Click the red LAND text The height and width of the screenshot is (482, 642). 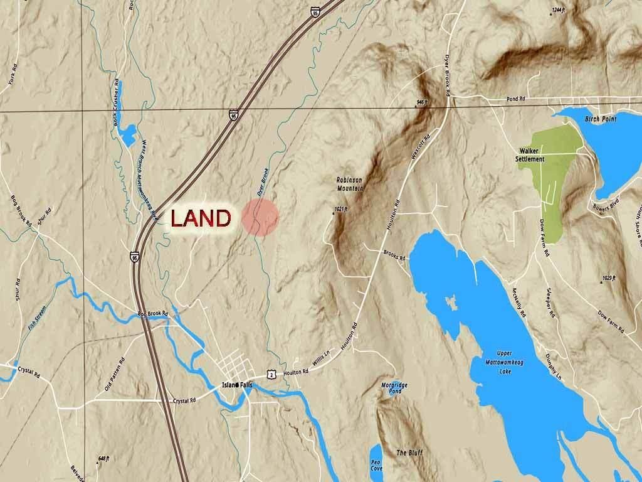point(201,218)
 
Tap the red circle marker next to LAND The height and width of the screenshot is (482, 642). point(260,218)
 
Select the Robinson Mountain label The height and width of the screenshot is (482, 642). point(350,184)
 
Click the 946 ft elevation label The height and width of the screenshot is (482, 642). point(421,102)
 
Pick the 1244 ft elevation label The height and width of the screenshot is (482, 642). point(558,10)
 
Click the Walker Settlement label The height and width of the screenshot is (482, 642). point(530,155)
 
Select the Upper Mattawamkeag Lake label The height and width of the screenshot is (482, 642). point(504,363)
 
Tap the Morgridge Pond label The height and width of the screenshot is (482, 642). point(391,388)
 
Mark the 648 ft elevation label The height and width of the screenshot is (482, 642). point(103,459)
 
